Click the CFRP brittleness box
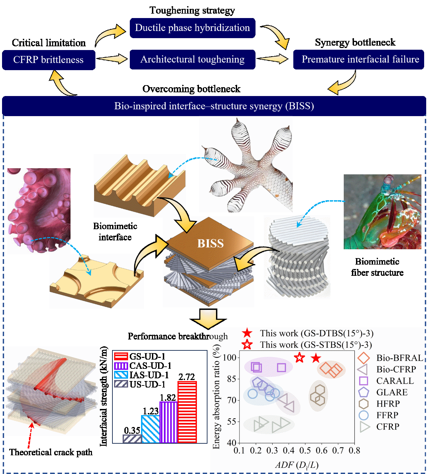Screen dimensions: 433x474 49,60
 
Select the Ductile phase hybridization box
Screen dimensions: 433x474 192,28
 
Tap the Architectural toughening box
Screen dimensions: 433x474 192,59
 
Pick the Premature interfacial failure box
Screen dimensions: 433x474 358,59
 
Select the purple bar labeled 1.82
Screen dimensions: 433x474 168,422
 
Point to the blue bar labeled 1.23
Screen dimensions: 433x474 150,429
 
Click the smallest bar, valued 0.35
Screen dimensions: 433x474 132,439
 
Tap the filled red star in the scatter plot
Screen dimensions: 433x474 316,359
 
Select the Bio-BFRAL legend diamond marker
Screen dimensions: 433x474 364,358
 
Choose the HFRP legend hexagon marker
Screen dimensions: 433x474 364,404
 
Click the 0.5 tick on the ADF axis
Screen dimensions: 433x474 305,451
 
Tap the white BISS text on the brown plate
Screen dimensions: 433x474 211,243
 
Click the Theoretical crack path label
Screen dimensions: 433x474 51,452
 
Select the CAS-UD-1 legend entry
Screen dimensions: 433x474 143,366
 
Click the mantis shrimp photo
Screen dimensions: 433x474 382,212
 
